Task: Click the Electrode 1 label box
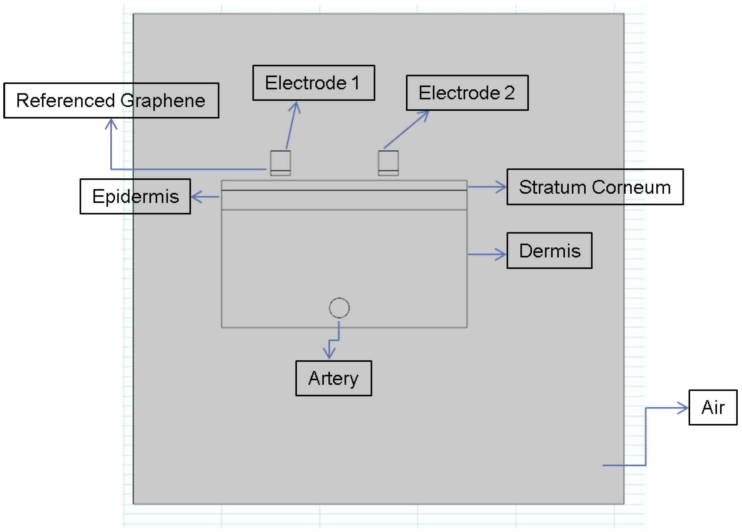pos(313,83)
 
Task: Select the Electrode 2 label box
pos(467,93)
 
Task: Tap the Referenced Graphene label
pos(111,100)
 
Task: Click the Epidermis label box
pos(135,196)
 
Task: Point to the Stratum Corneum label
pos(595,187)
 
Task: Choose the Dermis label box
pos(549,251)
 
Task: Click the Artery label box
pos(333,378)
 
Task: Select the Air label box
pos(713,408)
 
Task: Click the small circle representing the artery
pos(339,308)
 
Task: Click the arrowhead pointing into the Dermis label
pos(502,254)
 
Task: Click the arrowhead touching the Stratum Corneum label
pos(502,187)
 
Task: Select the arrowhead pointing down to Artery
pos(329,355)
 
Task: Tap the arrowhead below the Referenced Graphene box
pos(111,123)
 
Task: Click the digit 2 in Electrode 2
pos(509,93)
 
